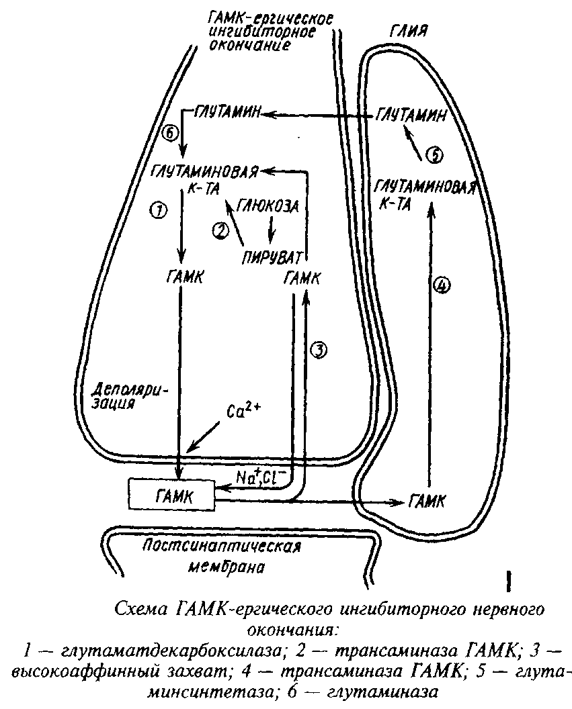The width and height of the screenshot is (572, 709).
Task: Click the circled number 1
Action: tap(159, 210)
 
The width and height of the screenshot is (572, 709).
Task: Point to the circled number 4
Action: tap(442, 285)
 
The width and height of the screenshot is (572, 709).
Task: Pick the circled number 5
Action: tap(434, 155)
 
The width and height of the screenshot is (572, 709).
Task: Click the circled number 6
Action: tap(171, 134)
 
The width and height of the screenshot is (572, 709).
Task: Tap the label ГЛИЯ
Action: tap(408, 32)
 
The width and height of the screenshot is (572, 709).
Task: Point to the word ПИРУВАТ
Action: tap(272, 258)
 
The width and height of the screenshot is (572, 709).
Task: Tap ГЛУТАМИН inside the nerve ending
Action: tap(227, 113)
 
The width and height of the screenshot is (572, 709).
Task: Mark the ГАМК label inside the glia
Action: tap(427, 501)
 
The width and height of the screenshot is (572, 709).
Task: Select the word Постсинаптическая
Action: tap(221, 547)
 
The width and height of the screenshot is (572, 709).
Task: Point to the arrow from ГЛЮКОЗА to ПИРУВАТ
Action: tap(271, 230)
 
